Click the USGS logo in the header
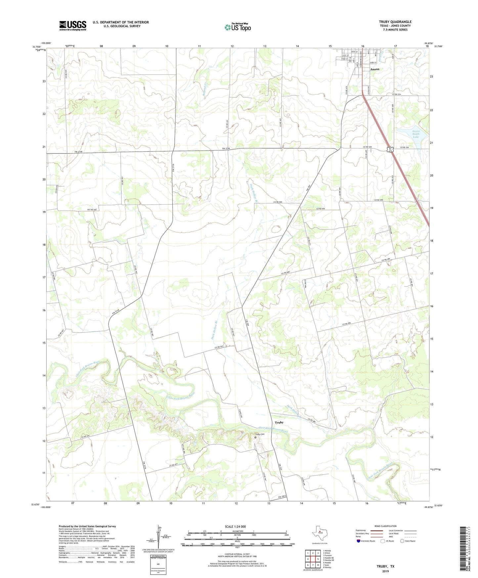pos(73,25)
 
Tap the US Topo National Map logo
pos(238,27)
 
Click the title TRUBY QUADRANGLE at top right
pos(395,22)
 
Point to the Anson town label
pos(374,69)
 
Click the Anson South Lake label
pos(416,134)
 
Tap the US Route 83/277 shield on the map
pos(391,150)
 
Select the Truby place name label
pos(279,422)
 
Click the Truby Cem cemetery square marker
pos(255,437)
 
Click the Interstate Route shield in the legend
pos(359,541)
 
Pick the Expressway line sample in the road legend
pos(374,530)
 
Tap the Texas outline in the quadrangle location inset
pos(319,533)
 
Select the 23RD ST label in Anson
pos(373,63)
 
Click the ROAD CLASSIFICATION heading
pos(385,526)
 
